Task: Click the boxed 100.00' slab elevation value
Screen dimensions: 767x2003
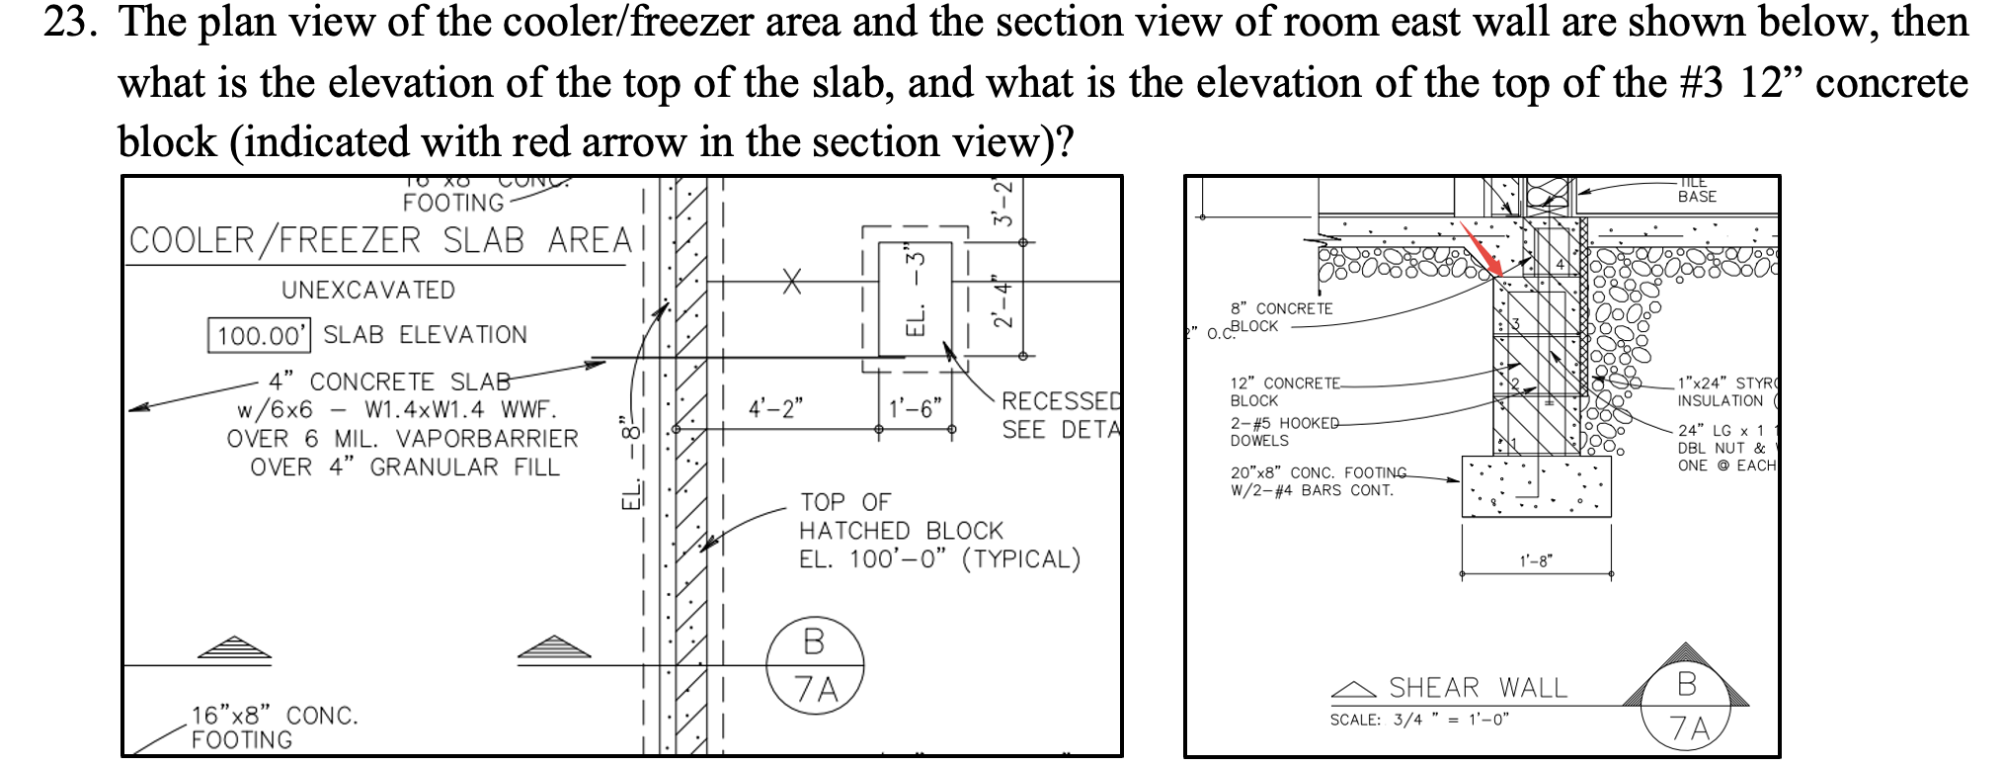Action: click(260, 335)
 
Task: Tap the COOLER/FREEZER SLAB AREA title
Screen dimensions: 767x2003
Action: click(379, 240)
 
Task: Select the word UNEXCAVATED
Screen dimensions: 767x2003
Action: click(368, 290)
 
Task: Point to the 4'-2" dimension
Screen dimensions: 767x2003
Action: click(776, 408)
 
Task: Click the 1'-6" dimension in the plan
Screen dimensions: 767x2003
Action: click(916, 408)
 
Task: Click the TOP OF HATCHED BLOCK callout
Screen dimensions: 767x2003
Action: click(899, 531)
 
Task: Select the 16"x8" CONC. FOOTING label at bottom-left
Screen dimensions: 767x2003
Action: click(274, 726)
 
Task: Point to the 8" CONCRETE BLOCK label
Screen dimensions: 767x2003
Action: click(1281, 317)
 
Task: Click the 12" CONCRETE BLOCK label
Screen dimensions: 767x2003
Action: click(1284, 391)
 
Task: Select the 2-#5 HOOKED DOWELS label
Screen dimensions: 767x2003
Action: click(1282, 431)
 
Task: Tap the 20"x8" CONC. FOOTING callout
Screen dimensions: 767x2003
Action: click(1318, 480)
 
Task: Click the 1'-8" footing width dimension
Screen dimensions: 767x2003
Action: click(1536, 561)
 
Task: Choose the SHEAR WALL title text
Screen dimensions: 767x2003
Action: click(1478, 687)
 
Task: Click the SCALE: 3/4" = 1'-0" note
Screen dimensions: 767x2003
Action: click(1418, 720)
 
